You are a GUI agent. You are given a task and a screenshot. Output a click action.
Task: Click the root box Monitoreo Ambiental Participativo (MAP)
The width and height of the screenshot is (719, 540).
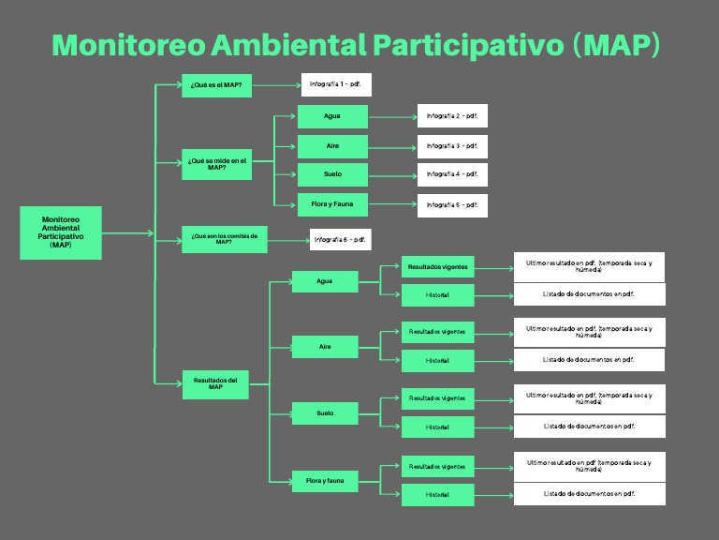coord(61,232)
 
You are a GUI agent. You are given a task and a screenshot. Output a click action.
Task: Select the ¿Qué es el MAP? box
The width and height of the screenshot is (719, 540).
coord(216,85)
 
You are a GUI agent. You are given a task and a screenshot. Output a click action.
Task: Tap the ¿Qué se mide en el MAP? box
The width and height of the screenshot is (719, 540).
coord(216,163)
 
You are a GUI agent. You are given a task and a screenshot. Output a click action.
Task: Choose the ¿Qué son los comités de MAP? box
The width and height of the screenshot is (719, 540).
coord(224,238)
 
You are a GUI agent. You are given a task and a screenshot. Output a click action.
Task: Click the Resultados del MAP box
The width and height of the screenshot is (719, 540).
coord(215,383)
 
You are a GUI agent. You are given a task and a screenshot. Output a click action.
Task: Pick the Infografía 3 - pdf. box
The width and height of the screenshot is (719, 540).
coord(452,146)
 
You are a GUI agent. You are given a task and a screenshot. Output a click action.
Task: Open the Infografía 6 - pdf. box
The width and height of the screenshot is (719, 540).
coord(339,239)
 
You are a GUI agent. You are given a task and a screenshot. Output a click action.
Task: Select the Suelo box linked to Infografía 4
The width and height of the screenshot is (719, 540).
coord(332,174)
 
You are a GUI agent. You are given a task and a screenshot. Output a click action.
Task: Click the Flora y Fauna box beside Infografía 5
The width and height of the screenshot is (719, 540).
coord(332,203)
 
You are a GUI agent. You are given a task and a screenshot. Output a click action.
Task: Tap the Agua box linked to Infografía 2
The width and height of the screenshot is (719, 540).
coord(332,116)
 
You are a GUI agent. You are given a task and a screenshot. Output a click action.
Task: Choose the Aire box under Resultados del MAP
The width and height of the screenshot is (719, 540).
coord(325,347)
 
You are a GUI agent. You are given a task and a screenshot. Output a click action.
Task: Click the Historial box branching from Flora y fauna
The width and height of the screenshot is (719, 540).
coord(437,494)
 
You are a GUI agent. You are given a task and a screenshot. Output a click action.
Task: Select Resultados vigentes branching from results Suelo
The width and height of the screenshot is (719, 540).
coord(437,398)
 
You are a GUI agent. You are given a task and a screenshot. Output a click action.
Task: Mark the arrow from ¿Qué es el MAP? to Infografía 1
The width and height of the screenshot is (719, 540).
coord(275,85)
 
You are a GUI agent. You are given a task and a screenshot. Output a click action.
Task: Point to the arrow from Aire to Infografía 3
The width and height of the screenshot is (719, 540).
coord(392,146)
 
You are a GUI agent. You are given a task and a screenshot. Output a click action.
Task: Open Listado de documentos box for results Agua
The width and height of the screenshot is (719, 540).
coord(589,294)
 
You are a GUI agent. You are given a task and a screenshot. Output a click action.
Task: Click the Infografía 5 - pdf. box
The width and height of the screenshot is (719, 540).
coord(452,204)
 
